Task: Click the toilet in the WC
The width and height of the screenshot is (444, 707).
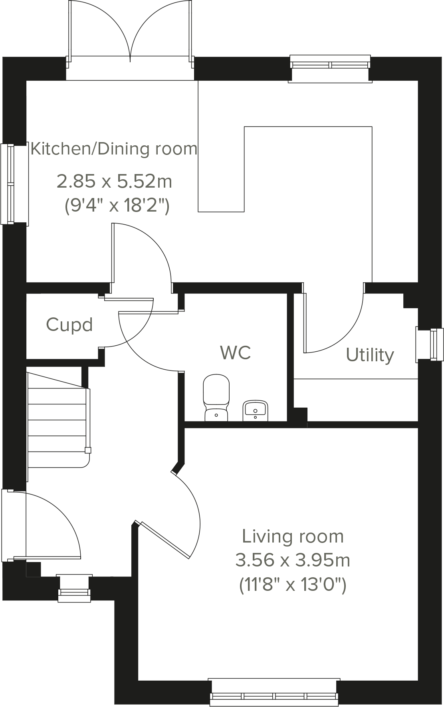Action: (x=216, y=398)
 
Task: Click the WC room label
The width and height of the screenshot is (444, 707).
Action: (x=236, y=353)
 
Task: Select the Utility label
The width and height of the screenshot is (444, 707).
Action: (x=370, y=355)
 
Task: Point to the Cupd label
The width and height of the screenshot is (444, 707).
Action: (x=69, y=325)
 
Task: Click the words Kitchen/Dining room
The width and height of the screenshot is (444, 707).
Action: (x=114, y=149)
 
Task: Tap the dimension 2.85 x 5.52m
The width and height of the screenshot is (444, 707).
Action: (x=115, y=182)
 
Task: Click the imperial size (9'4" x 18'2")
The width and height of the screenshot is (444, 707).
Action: (x=117, y=206)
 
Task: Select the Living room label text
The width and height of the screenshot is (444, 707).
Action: (x=293, y=536)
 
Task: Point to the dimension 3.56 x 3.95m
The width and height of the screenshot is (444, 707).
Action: (x=293, y=560)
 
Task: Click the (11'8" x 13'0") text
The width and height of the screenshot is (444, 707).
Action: (x=293, y=585)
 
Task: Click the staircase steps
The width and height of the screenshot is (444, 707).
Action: (x=57, y=419)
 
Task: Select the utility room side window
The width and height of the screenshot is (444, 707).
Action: (x=430, y=345)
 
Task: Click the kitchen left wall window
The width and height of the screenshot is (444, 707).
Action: (x=15, y=184)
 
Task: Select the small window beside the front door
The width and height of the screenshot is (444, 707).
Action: (x=74, y=588)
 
